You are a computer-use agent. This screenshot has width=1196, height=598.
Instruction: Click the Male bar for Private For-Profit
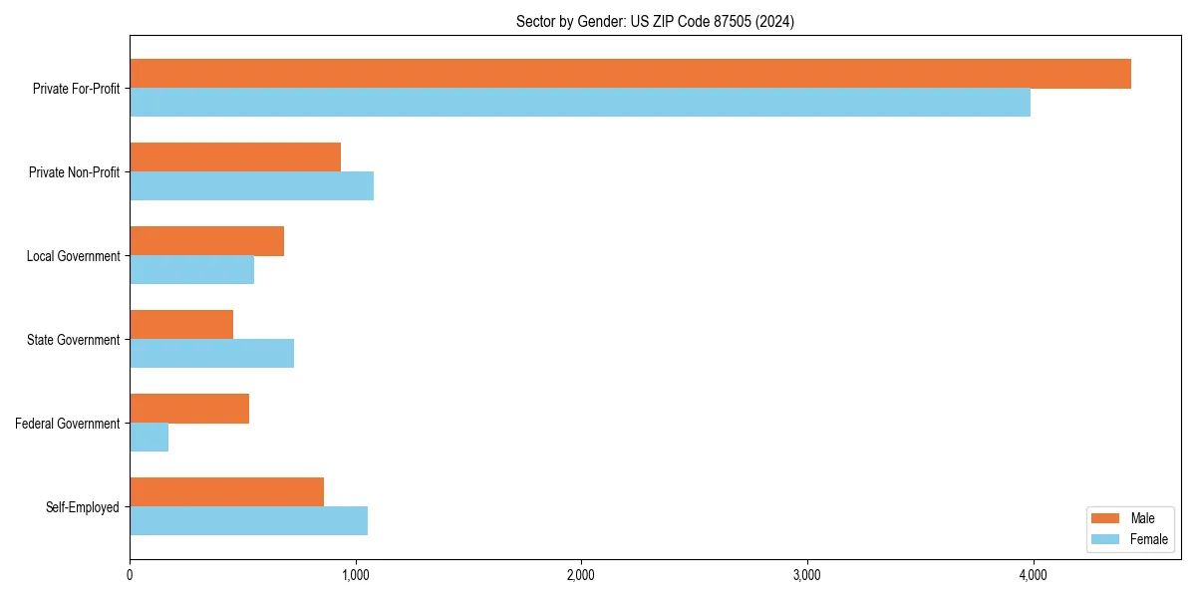[630, 74]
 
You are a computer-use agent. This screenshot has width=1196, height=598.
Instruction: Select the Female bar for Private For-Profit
[580, 103]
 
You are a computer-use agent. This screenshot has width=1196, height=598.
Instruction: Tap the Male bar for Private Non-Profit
[235, 157]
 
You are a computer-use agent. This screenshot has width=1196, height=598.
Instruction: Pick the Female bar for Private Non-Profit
[251, 186]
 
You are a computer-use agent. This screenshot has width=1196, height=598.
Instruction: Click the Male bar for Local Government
[206, 241]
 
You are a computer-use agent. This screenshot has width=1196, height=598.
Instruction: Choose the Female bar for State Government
[211, 354]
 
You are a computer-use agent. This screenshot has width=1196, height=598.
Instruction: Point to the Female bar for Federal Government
[149, 438]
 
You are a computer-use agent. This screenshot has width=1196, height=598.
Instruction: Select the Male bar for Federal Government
[189, 409]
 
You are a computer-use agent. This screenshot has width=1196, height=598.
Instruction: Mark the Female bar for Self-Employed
[248, 521]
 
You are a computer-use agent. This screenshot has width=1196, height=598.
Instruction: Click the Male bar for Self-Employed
[226, 492]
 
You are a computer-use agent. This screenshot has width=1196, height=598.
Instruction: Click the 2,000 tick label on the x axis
[580, 575]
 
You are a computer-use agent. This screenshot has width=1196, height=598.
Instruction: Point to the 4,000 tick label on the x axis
[1032, 575]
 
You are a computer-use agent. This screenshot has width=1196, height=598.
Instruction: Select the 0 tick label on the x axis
[130, 575]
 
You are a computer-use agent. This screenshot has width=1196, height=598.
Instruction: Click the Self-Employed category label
[82, 507]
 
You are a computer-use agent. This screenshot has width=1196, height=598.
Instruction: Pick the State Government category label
[73, 340]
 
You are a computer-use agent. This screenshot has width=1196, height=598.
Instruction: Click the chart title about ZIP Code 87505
[655, 21]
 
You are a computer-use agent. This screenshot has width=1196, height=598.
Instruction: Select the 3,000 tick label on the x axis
[806, 575]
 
